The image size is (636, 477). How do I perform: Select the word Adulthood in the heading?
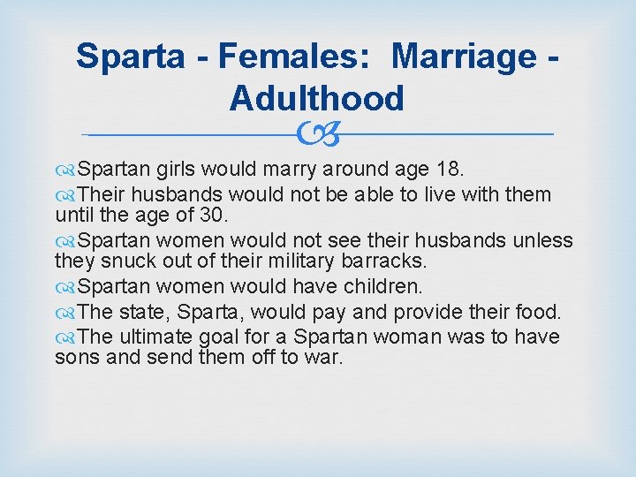tap(316, 98)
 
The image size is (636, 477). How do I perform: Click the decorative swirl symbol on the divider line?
tap(317, 135)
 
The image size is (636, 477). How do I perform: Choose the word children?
tap(379, 286)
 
